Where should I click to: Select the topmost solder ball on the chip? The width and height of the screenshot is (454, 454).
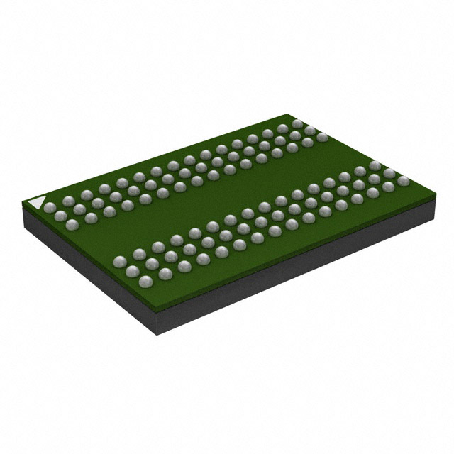click(x=297, y=124)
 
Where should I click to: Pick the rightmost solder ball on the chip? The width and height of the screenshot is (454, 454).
click(x=404, y=181)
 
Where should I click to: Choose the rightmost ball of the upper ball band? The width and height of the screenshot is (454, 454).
click(x=323, y=136)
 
